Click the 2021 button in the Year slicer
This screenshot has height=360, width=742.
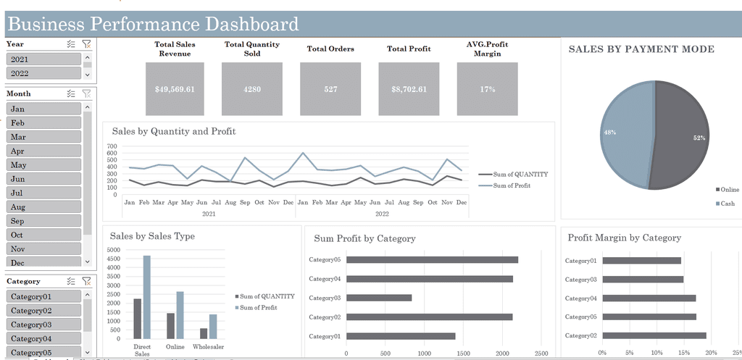click(43, 59)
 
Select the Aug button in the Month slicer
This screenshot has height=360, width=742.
click(43, 207)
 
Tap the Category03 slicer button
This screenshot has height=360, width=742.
click(43, 325)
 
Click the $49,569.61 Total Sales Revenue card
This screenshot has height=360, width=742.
click(175, 89)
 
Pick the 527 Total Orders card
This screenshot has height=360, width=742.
click(330, 89)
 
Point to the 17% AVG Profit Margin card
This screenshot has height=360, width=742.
click(487, 89)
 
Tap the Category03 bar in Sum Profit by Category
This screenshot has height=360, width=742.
click(379, 298)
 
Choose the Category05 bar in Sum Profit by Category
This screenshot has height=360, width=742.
click(432, 259)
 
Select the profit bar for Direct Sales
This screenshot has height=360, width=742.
click(147, 297)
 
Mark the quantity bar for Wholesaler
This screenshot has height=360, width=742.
click(204, 333)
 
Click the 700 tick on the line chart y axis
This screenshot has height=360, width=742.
click(112, 146)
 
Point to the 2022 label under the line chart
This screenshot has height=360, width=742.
click(382, 214)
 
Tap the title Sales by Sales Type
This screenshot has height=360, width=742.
click(152, 236)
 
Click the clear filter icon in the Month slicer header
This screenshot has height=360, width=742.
click(87, 93)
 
